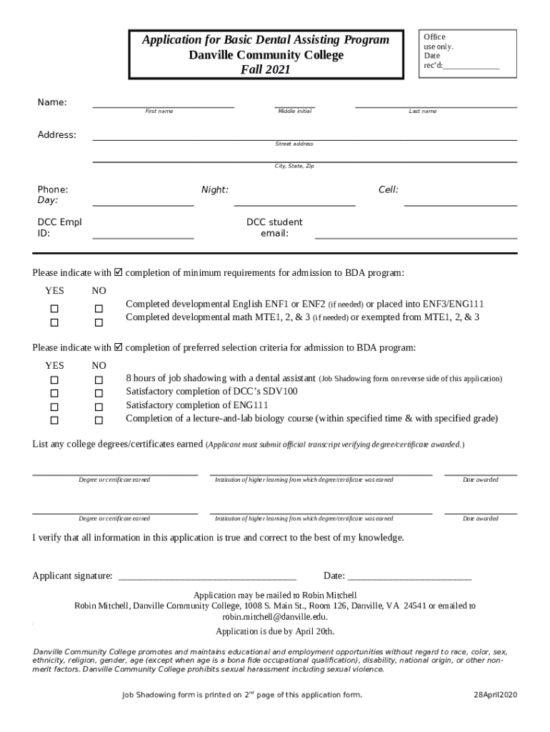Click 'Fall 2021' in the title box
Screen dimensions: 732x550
tap(266, 70)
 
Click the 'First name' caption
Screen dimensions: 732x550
tap(159, 112)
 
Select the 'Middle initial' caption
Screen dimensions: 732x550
tap(294, 112)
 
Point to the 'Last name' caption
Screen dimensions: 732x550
tap(423, 112)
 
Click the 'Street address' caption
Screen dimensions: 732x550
tap(294, 144)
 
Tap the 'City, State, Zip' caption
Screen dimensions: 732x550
tap(294, 167)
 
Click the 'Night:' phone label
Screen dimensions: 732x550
tap(215, 189)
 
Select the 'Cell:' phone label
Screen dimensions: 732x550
tap(389, 189)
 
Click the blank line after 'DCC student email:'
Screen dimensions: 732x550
tap(416, 234)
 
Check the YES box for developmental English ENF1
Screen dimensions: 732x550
tap(54, 309)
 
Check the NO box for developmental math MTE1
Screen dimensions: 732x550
tap(99, 323)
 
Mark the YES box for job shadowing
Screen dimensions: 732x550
tap(54, 380)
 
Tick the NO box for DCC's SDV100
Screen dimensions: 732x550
tap(99, 393)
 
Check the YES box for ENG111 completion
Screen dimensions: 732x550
tap(54, 407)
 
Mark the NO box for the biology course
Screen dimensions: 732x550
tap(99, 420)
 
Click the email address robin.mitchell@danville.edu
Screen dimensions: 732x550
tap(275, 616)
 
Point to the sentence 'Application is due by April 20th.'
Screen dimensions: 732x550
tap(275, 632)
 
